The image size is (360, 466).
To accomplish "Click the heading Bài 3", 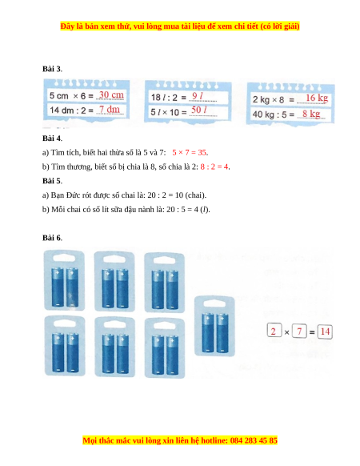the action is point(52,69).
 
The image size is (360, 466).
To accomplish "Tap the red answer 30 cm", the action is point(111,94).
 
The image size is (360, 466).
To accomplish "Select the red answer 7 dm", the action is point(110,110).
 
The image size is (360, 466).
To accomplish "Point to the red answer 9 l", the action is point(198,96).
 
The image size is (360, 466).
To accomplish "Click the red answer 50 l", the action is point(198,110).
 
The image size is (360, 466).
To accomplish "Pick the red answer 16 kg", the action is point(317,98).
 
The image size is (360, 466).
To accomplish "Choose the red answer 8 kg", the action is point(311,114).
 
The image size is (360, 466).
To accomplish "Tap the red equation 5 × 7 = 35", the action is point(190,152).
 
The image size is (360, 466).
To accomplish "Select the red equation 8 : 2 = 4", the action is point(214,167).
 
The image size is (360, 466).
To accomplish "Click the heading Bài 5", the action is point(52,181).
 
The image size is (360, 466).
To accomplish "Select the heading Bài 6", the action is point(52,238).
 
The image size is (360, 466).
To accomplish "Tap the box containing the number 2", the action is point(274,331).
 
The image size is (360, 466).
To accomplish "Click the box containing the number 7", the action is point(299,331).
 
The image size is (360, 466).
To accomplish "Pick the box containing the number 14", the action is point(325,331).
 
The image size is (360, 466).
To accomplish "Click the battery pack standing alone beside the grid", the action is point(214,327).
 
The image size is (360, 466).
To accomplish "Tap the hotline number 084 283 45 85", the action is point(254,440).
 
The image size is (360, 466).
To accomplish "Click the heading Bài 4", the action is point(52,139).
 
